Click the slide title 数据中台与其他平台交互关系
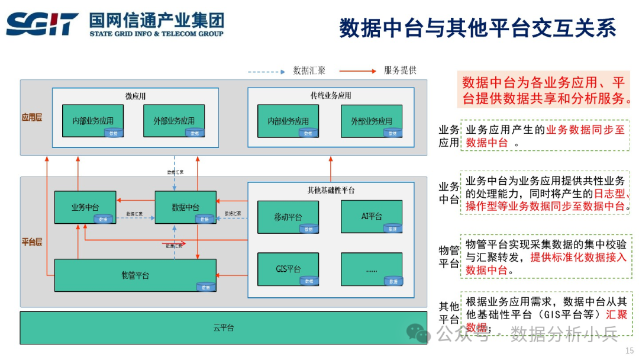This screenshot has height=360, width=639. (x=477, y=28)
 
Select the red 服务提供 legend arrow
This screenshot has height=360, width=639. (x=358, y=71)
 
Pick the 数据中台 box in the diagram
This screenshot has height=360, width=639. (x=185, y=207)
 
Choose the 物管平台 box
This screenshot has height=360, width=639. (x=135, y=275)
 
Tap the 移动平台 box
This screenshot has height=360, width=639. (x=288, y=217)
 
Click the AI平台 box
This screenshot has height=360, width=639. (x=372, y=217)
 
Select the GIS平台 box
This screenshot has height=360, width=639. (x=288, y=269)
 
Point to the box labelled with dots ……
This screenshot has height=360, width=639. (x=372, y=269)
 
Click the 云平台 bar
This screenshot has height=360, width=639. (x=223, y=327)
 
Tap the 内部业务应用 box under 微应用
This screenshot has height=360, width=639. (x=93, y=121)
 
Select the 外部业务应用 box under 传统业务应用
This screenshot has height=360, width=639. (x=372, y=121)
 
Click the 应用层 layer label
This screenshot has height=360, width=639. (x=32, y=118)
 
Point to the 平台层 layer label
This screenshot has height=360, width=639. (x=32, y=242)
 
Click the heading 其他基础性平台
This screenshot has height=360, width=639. (x=331, y=191)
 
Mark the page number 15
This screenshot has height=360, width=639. (x=630, y=351)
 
